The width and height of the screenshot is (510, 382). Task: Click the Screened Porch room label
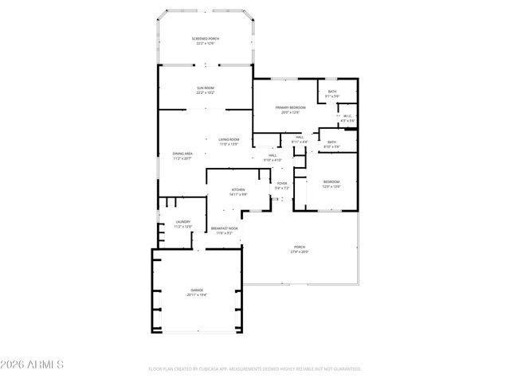(x=205, y=39)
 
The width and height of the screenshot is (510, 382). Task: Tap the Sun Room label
(x=206, y=88)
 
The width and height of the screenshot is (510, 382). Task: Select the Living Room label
(x=229, y=139)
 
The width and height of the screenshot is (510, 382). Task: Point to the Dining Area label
(x=182, y=153)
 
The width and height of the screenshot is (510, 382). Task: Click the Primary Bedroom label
(x=290, y=107)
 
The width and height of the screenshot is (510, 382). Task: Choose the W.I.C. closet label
(x=347, y=116)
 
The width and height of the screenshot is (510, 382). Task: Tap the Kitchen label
(x=239, y=189)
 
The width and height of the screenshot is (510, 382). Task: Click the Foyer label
(x=281, y=184)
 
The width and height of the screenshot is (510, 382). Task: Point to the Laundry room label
(x=182, y=222)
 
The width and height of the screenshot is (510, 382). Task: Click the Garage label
(x=196, y=290)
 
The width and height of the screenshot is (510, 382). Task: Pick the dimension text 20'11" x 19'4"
(x=196, y=294)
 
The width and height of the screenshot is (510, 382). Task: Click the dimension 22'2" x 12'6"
(x=205, y=44)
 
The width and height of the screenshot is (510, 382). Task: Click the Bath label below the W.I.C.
(x=331, y=142)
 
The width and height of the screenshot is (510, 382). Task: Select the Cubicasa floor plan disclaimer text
(x=255, y=369)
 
